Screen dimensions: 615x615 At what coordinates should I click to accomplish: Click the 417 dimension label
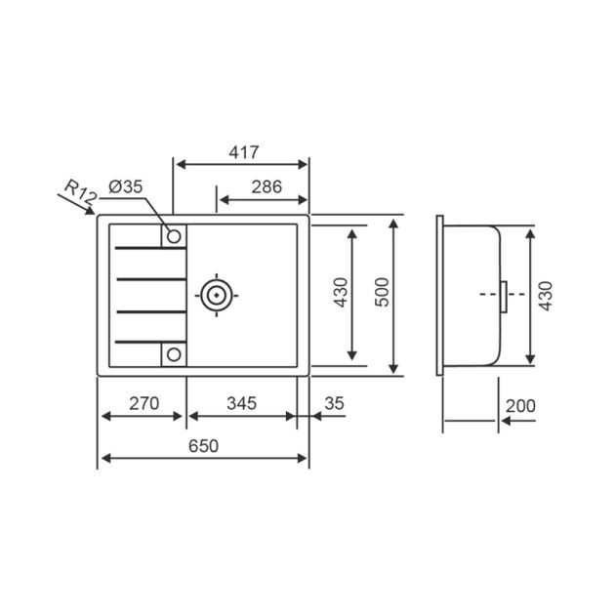(x=244, y=152)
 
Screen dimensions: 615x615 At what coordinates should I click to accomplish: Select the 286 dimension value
(x=266, y=186)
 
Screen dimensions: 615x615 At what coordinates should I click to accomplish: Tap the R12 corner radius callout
(x=80, y=192)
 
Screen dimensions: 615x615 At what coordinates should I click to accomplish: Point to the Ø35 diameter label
(x=126, y=186)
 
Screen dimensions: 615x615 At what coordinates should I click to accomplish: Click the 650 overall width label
(x=203, y=446)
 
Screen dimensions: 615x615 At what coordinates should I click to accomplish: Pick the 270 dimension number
(x=143, y=403)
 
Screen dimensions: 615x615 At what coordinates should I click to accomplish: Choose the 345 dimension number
(x=242, y=403)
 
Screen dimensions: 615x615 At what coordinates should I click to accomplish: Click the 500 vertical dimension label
(x=382, y=292)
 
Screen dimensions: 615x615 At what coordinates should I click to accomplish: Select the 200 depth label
(x=520, y=406)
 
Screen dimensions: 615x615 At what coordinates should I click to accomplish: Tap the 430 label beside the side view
(x=545, y=296)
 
